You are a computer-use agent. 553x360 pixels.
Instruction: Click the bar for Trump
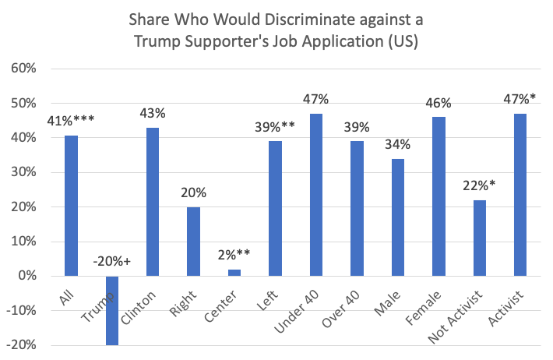tap(113, 310)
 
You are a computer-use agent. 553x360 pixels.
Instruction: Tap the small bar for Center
tap(234, 273)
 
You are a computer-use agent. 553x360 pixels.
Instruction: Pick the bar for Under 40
tap(316, 195)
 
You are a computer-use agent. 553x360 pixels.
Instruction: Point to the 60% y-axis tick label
tap(23, 69)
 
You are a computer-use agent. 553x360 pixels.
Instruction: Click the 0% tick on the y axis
tap(26, 276)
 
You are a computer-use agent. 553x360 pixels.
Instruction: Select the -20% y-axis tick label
tap(21, 345)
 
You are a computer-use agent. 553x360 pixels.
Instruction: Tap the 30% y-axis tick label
tap(23, 172)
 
